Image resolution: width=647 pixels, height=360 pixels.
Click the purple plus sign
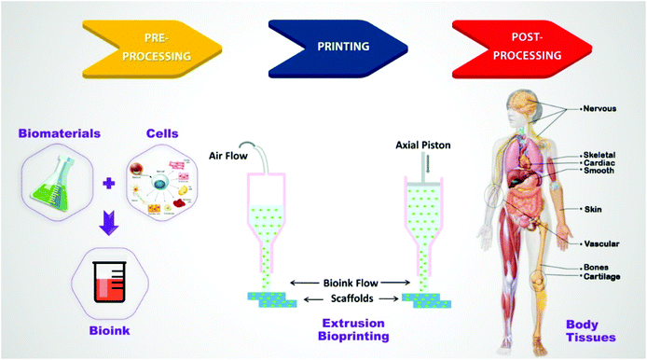[110, 186]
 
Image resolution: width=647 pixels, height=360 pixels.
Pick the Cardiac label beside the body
[598, 162]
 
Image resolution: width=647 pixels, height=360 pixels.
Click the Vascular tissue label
[601, 243]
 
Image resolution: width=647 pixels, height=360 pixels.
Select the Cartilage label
[601, 277]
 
